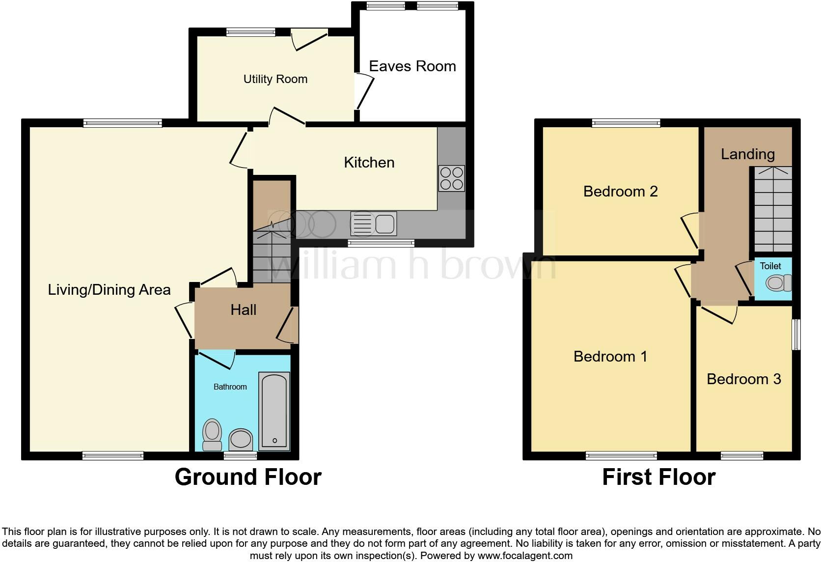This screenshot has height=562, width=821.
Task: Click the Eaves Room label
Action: point(412,66)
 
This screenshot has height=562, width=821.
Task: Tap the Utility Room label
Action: point(275,79)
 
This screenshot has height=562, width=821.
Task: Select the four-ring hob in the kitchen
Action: point(451,178)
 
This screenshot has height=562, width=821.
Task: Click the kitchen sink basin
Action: point(384,224)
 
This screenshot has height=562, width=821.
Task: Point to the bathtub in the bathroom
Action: point(274,412)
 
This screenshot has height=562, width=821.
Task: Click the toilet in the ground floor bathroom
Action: point(212,434)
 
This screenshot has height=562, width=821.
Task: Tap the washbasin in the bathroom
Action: point(241,439)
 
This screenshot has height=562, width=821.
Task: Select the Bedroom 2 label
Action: point(620,191)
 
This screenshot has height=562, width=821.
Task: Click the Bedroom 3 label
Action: point(743,379)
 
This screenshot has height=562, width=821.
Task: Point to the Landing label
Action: point(747,154)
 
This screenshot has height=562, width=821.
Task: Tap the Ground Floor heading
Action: point(248,477)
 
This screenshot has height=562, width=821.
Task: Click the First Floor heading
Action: point(658,477)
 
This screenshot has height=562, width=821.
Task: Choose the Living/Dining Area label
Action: point(109,290)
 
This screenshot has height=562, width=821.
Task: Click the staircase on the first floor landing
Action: point(773,209)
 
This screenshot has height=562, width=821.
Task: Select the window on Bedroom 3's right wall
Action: point(796,335)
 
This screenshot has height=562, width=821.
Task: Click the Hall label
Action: point(244,310)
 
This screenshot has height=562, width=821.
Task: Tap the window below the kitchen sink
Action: point(381,243)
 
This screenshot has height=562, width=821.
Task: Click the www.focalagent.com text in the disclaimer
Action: point(525,556)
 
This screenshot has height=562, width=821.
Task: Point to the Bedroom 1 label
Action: point(610,356)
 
